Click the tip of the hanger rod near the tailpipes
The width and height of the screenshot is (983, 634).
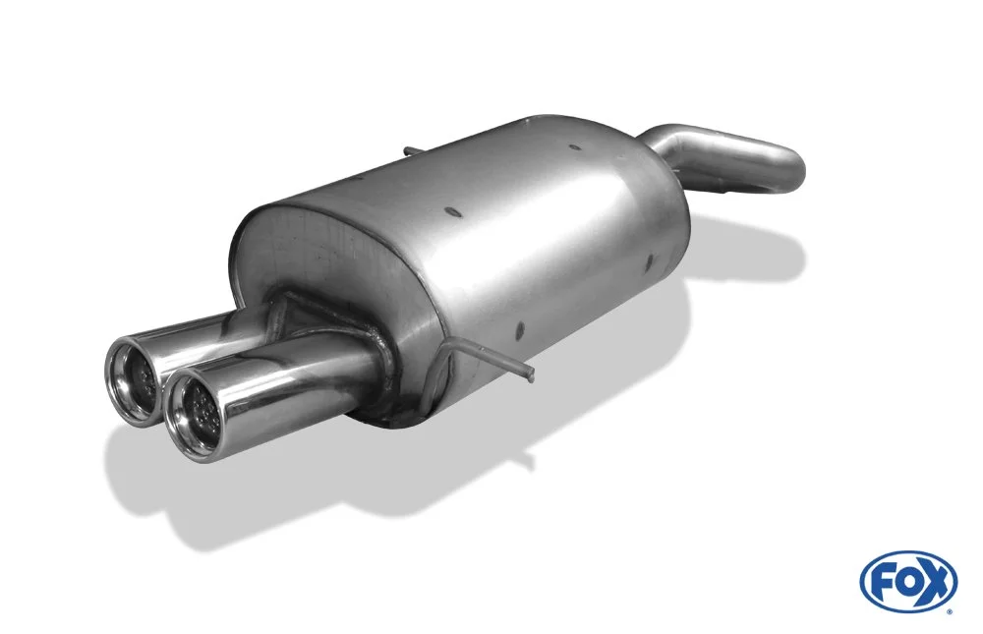click(x=531, y=375)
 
